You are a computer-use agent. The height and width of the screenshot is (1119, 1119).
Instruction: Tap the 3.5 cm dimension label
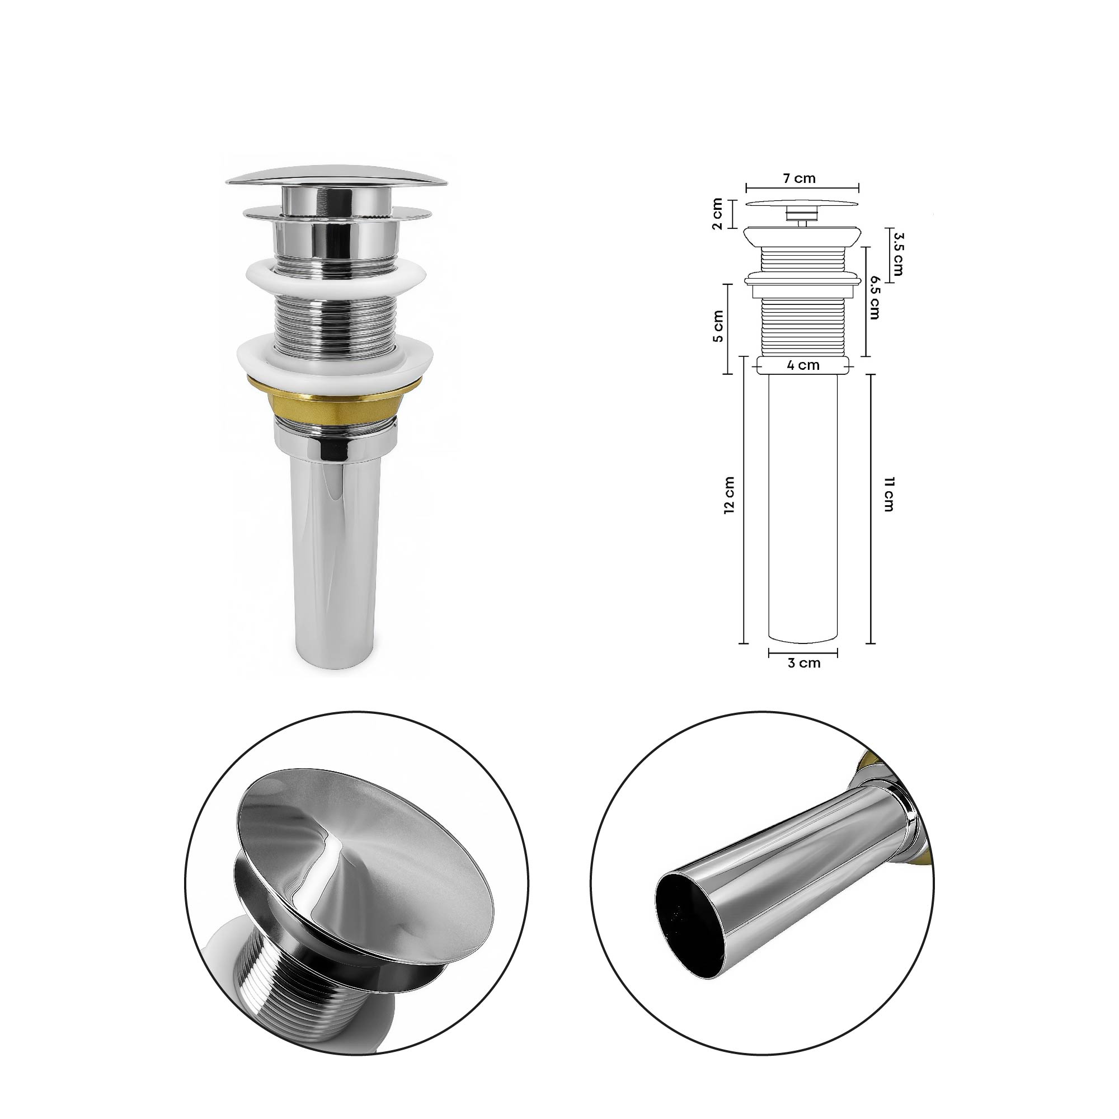tap(899, 254)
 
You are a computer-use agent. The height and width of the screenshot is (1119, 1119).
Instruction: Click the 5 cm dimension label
tap(718, 327)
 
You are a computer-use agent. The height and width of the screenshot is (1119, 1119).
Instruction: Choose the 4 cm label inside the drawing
tap(803, 365)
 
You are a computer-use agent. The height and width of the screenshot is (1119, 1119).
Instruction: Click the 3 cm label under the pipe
tap(803, 663)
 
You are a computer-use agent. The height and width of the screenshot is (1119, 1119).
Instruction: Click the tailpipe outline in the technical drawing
tap(803, 504)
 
